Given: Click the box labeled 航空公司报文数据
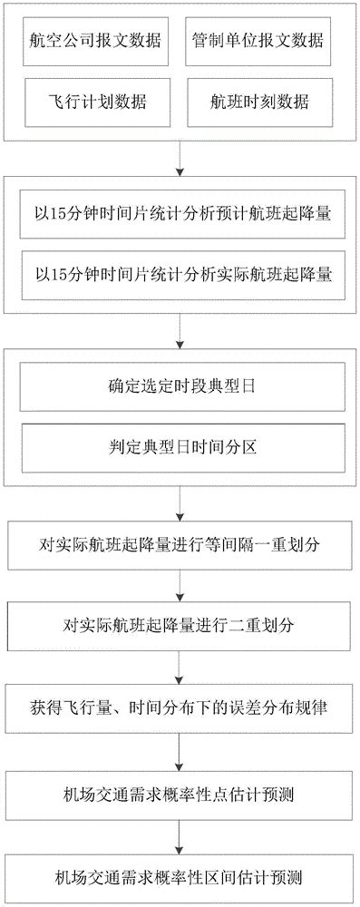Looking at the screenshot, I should [95, 43].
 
